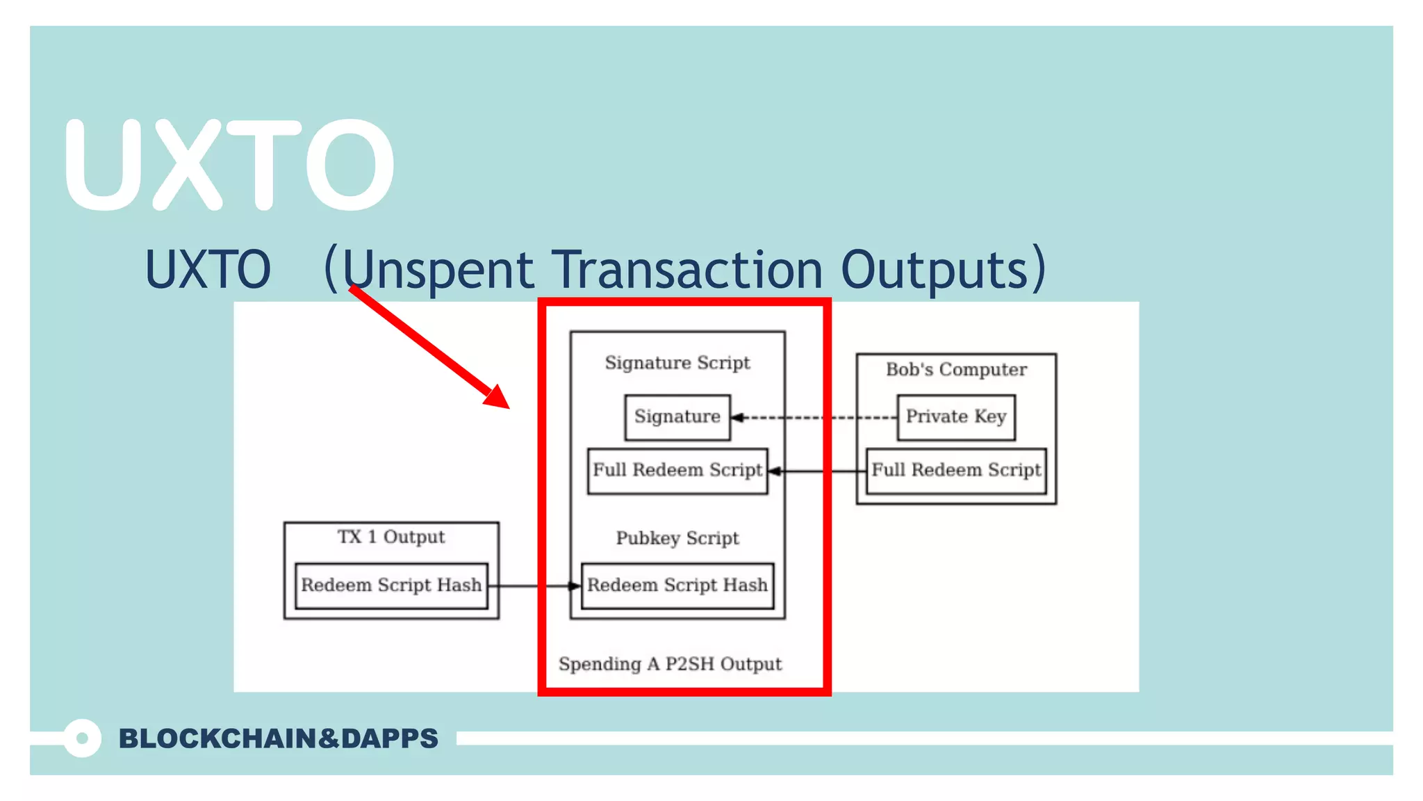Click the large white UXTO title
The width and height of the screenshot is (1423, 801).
229,165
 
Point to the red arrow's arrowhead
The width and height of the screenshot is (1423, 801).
499,397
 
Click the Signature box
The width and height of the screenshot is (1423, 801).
677,417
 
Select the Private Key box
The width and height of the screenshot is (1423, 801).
956,417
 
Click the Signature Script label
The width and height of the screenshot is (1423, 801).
677,363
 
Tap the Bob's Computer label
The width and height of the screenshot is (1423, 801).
956,370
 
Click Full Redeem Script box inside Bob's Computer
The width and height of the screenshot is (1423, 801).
956,471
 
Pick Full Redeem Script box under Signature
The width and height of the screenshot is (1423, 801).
677,471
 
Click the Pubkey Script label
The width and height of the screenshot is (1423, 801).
677,538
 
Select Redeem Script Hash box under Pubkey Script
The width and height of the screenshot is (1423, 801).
677,585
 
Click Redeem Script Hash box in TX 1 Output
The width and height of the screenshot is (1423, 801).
391,585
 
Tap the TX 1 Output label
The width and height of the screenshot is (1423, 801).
391,537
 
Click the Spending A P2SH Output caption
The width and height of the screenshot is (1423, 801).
670,664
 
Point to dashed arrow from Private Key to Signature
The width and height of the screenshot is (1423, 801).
813,418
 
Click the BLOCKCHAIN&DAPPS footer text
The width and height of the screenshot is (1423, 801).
278,738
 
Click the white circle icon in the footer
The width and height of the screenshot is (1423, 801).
82,738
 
